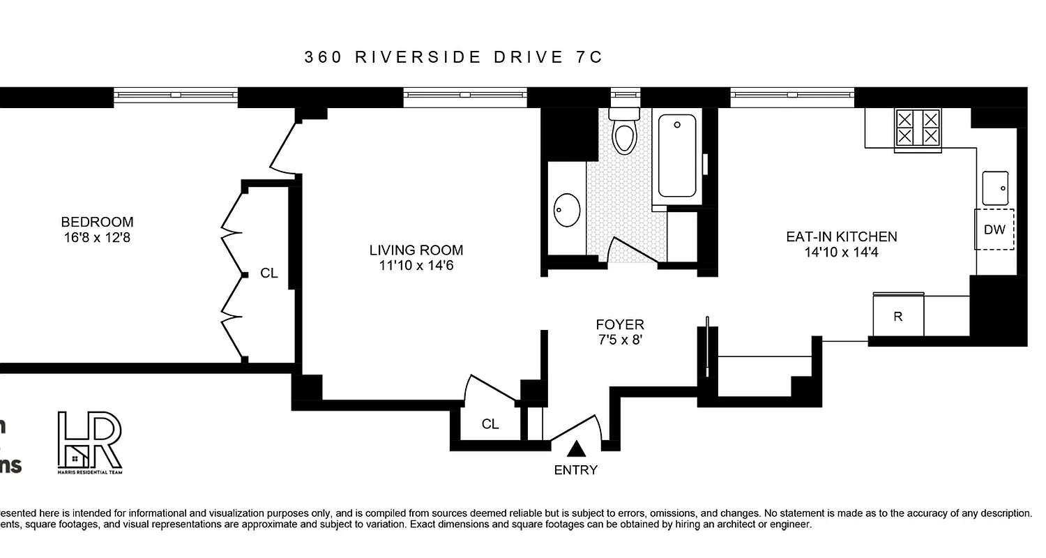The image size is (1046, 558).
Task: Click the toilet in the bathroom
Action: (624, 133)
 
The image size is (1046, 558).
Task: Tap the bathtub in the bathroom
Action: (677, 156)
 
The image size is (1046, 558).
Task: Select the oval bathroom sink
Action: (567, 210)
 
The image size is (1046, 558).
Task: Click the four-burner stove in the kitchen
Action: (918, 128)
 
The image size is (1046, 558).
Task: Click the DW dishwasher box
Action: (994, 229)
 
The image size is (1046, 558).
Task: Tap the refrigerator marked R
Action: (898, 316)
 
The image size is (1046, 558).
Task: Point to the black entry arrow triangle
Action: (576, 448)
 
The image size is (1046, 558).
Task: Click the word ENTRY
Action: (576, 470)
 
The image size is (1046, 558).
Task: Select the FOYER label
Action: (620, 324)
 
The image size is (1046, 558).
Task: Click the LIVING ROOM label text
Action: (416, 250)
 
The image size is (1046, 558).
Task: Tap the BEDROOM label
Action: (97, 223)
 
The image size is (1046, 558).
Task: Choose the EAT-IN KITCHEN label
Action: (841, 237)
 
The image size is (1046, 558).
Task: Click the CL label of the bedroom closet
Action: (269, 273)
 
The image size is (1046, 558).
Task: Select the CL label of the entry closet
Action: (490, 424)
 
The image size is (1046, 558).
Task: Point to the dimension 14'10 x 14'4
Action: (841, 252)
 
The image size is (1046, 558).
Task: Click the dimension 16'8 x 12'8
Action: (97, 238)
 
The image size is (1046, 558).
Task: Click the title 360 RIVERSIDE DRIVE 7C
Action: (453, 57)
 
